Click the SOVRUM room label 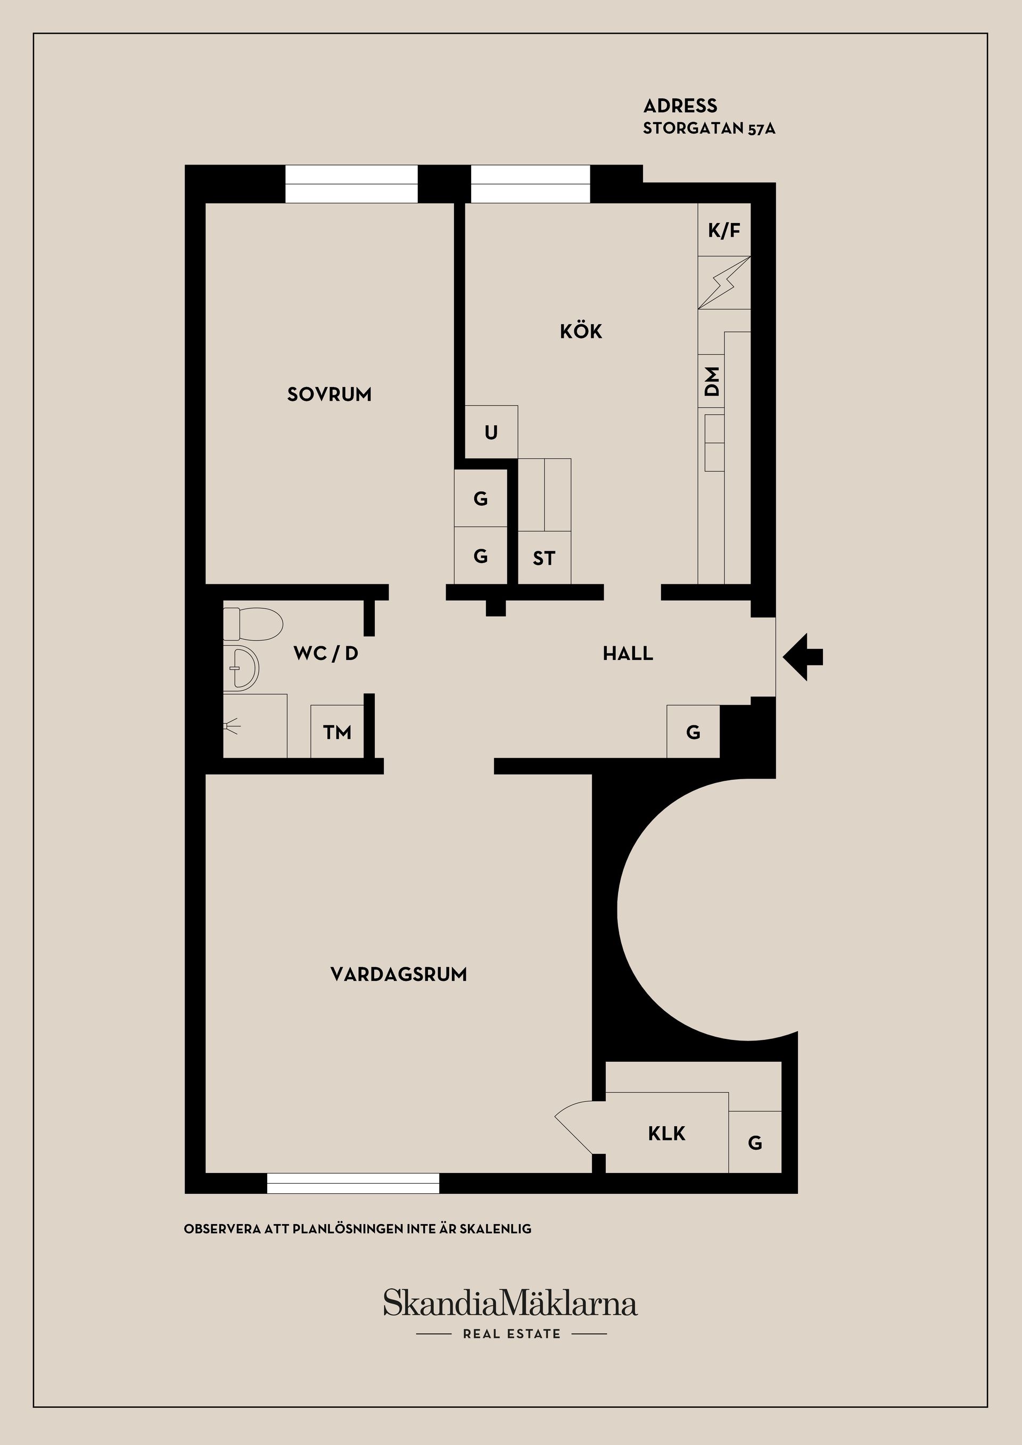[329, 394]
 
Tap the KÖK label [581, 331]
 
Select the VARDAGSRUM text [398, 974]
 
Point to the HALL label [628, 654]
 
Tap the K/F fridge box [724, 230]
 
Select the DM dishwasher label [712, 382]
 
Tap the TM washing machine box [337, 732]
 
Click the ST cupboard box [543, 558]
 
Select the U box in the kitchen [491, 432]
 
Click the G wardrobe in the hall [693, 732]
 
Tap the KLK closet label [666, 1134]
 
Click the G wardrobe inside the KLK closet [755, 1143]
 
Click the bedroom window [351, 184]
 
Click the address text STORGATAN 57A [708, 129]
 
